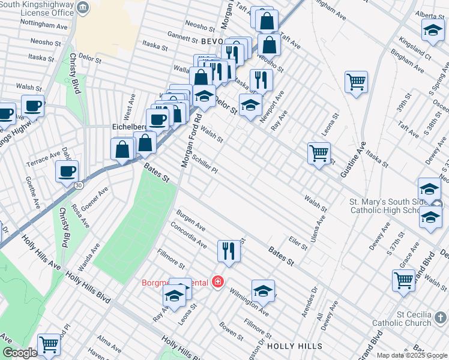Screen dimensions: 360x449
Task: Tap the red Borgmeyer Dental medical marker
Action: pos(217,282)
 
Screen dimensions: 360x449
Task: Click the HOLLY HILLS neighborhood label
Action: pos(294,346)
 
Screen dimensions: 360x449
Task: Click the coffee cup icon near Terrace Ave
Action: pos(67,171)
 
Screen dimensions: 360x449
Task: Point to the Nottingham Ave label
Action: pos(44,26)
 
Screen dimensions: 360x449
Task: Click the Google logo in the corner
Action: pos(20,353)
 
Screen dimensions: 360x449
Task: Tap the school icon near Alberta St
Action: pos(432,31)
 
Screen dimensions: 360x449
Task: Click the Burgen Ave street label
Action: pos(190,220)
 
